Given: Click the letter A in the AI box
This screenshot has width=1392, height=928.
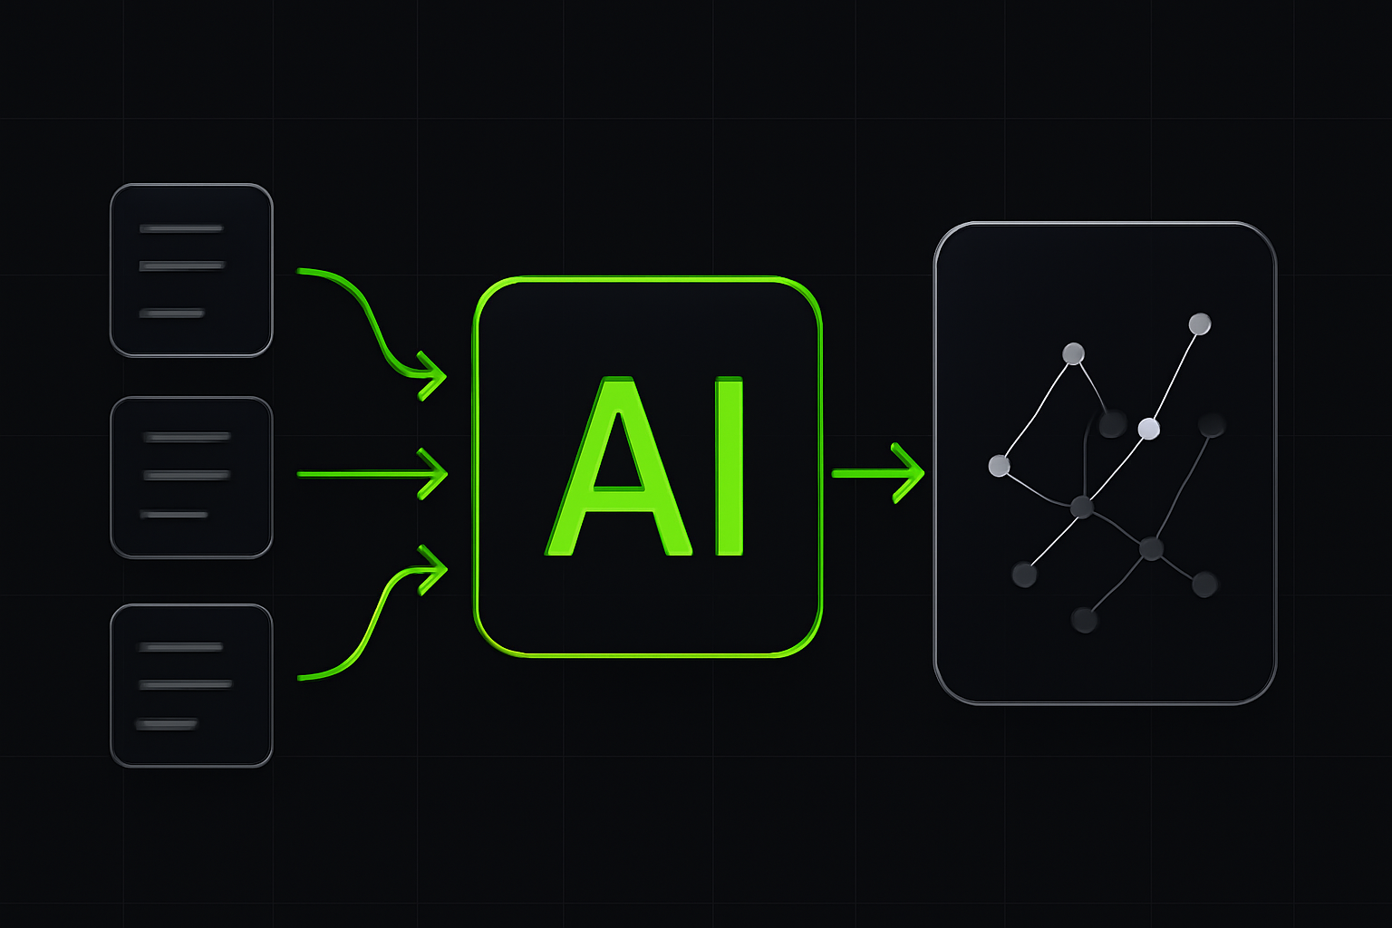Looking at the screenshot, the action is coord(618,466).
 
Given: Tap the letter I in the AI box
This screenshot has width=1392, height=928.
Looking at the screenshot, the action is coord(729,466).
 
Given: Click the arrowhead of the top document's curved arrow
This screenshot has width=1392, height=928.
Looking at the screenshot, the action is coord(432,375).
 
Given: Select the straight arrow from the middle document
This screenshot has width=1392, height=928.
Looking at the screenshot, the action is coord(372,474).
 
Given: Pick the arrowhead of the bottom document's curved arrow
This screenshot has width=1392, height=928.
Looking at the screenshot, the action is coord(433,569).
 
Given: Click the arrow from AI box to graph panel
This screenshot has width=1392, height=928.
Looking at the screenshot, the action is coord(878,473).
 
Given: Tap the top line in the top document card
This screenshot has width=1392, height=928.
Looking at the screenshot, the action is coord(181,228).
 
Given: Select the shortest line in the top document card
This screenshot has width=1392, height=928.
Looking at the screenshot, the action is coord(171,314).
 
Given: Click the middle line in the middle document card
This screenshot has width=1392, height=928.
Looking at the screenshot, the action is coord(187,476).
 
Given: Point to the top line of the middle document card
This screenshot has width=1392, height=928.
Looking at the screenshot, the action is coord(187,437).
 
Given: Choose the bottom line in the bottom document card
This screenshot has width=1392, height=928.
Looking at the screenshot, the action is coord(167,724).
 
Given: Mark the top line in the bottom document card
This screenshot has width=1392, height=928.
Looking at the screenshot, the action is coord(180,647).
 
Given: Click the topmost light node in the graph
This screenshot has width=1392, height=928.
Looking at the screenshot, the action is coord(1199,324).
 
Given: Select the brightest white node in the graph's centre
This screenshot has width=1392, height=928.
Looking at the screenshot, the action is coord(1148,429).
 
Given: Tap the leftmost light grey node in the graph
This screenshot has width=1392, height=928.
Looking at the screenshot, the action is coord(999,466).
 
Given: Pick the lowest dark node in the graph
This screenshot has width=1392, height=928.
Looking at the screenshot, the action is coord(1084,620).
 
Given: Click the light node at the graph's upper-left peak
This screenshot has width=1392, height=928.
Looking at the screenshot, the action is coord(1073,353).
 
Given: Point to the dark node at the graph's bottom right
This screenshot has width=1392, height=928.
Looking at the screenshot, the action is coord(1204,585).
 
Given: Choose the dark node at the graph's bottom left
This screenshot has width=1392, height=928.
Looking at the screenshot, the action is coord(1024,575).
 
